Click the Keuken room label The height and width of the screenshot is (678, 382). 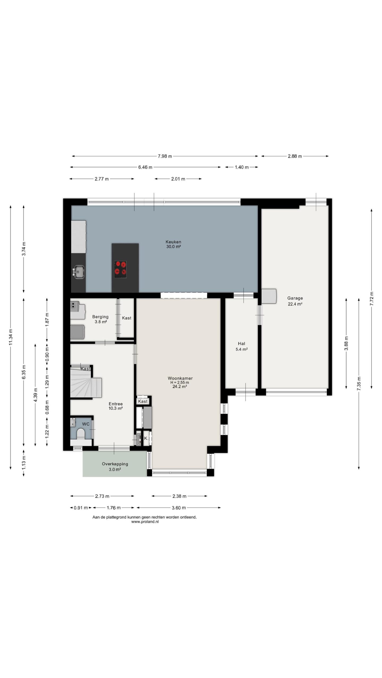click(x=173, y=244)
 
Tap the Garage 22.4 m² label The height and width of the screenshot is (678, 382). click(x=295, y=301)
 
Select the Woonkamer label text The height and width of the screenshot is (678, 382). click(x=180, y=378)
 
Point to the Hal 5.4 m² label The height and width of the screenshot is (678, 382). click(x=241, y=346)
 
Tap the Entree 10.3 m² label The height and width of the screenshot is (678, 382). click(x=116, y=406)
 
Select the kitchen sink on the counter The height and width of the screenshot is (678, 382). click(x=79, y=271)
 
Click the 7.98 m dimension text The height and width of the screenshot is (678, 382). click(x=165, y=156)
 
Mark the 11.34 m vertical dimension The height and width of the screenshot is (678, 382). click(x=10, y=337)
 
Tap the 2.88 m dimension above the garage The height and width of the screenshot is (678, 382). click(x=295, y=156)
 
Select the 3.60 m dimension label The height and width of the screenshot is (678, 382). click(x=179, y=508)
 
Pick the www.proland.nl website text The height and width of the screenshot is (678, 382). click(x=145, y=522)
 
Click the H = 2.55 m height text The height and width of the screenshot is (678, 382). click(x=180, y=382)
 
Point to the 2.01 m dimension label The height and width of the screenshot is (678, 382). click(x=178, y=179)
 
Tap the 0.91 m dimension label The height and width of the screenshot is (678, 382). click(x=81, y=508)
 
